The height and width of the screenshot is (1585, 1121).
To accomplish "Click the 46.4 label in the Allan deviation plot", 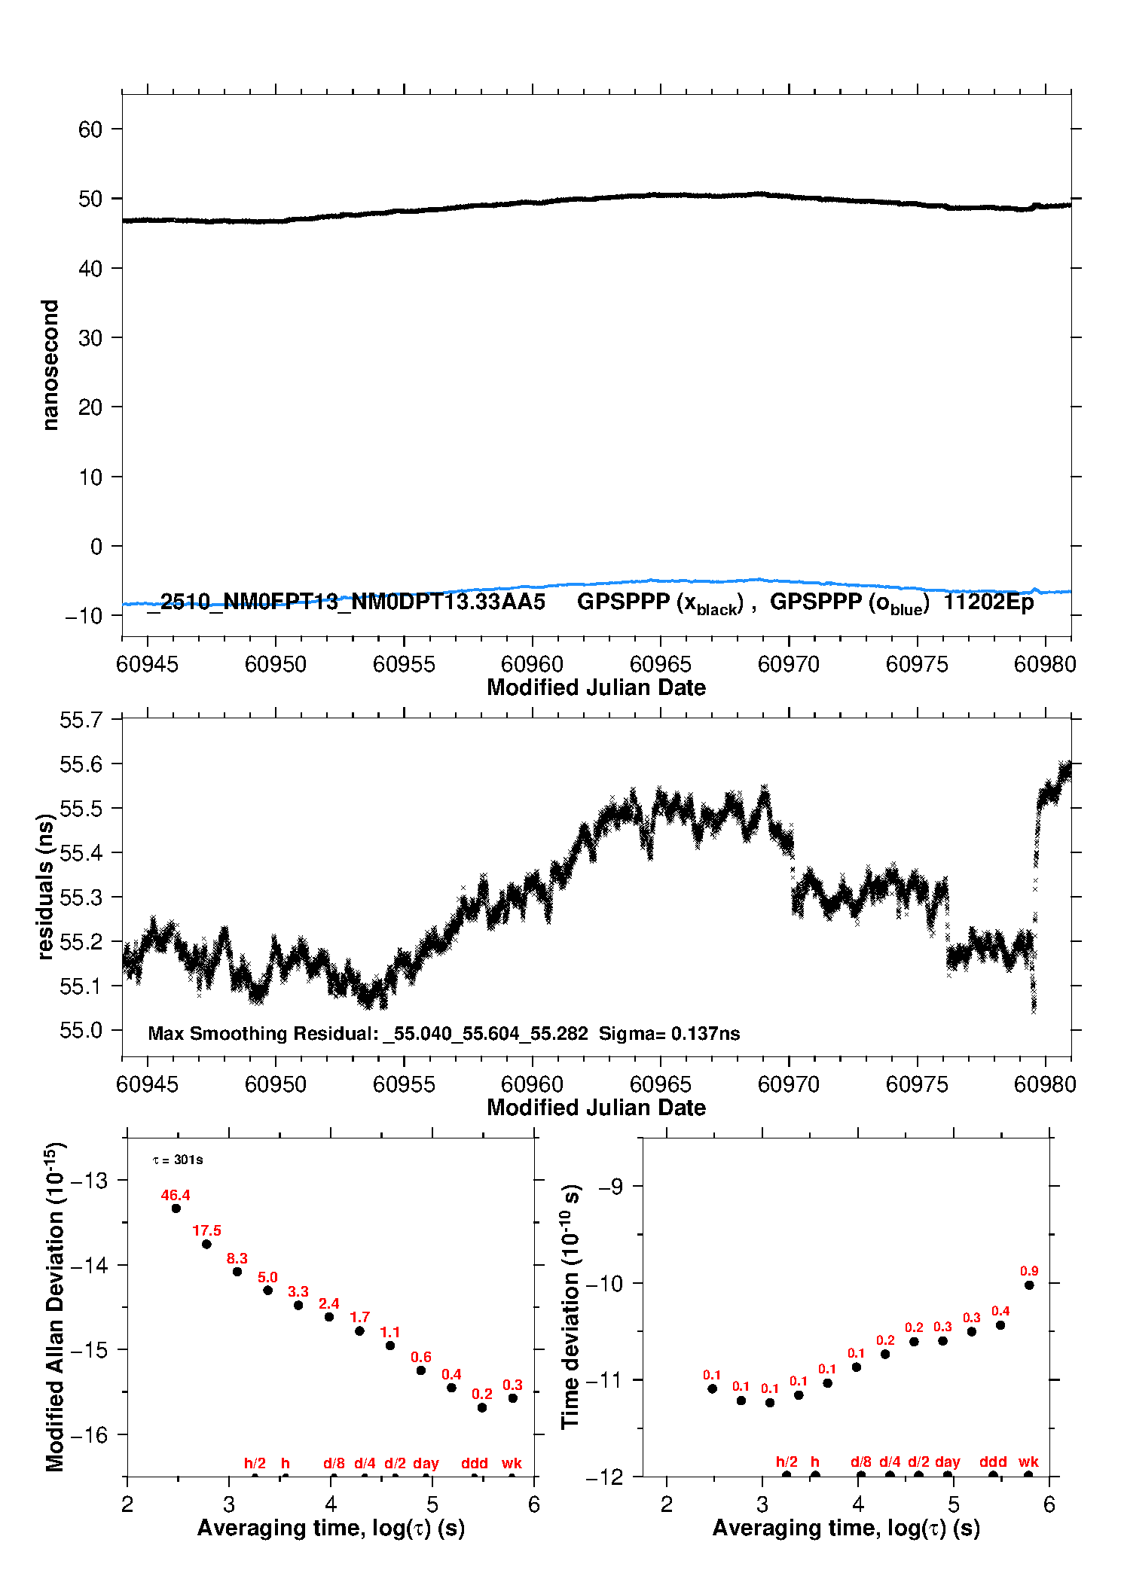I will [176, 1195].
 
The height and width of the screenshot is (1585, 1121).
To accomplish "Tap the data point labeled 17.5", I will [206, 1244].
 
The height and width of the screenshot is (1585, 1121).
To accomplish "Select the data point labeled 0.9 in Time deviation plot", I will [1029, 1285].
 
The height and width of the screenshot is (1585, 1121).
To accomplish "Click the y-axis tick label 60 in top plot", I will [90, 130].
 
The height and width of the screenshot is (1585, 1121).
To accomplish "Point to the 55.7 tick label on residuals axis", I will [81, 721].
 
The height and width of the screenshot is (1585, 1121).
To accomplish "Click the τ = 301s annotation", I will [178, 1160].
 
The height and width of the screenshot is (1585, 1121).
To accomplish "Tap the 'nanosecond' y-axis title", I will [50, 365].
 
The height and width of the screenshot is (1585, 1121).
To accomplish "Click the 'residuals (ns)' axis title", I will [46, 887].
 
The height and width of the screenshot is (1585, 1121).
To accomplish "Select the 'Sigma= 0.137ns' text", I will [669, 1033].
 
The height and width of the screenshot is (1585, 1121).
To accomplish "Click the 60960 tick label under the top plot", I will [532, 664].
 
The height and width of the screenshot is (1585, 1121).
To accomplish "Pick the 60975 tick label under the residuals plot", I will [917, 1084].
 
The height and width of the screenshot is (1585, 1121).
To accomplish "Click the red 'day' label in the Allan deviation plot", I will [426, 1463].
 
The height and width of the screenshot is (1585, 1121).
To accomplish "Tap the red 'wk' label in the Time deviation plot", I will [1028, 1462].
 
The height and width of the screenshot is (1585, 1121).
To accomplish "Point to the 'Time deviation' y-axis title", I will [571, 1306].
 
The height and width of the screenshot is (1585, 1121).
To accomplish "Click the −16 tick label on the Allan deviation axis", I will [88, 1435].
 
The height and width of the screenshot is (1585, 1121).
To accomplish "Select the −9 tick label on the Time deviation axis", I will [611, 1187].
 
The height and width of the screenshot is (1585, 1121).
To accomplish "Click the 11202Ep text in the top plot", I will [988, 602].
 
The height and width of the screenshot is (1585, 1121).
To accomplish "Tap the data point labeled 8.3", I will [237, 1272].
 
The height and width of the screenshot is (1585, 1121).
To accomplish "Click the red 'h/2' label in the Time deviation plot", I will [787, 1462].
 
